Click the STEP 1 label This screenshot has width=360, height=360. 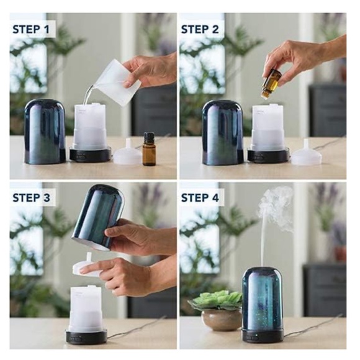33,29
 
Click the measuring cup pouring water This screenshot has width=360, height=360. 118,81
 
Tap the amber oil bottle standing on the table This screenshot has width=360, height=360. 149,150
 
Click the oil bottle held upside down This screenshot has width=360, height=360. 271,83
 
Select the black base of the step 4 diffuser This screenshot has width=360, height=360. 261,336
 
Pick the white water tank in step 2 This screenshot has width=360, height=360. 266,127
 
